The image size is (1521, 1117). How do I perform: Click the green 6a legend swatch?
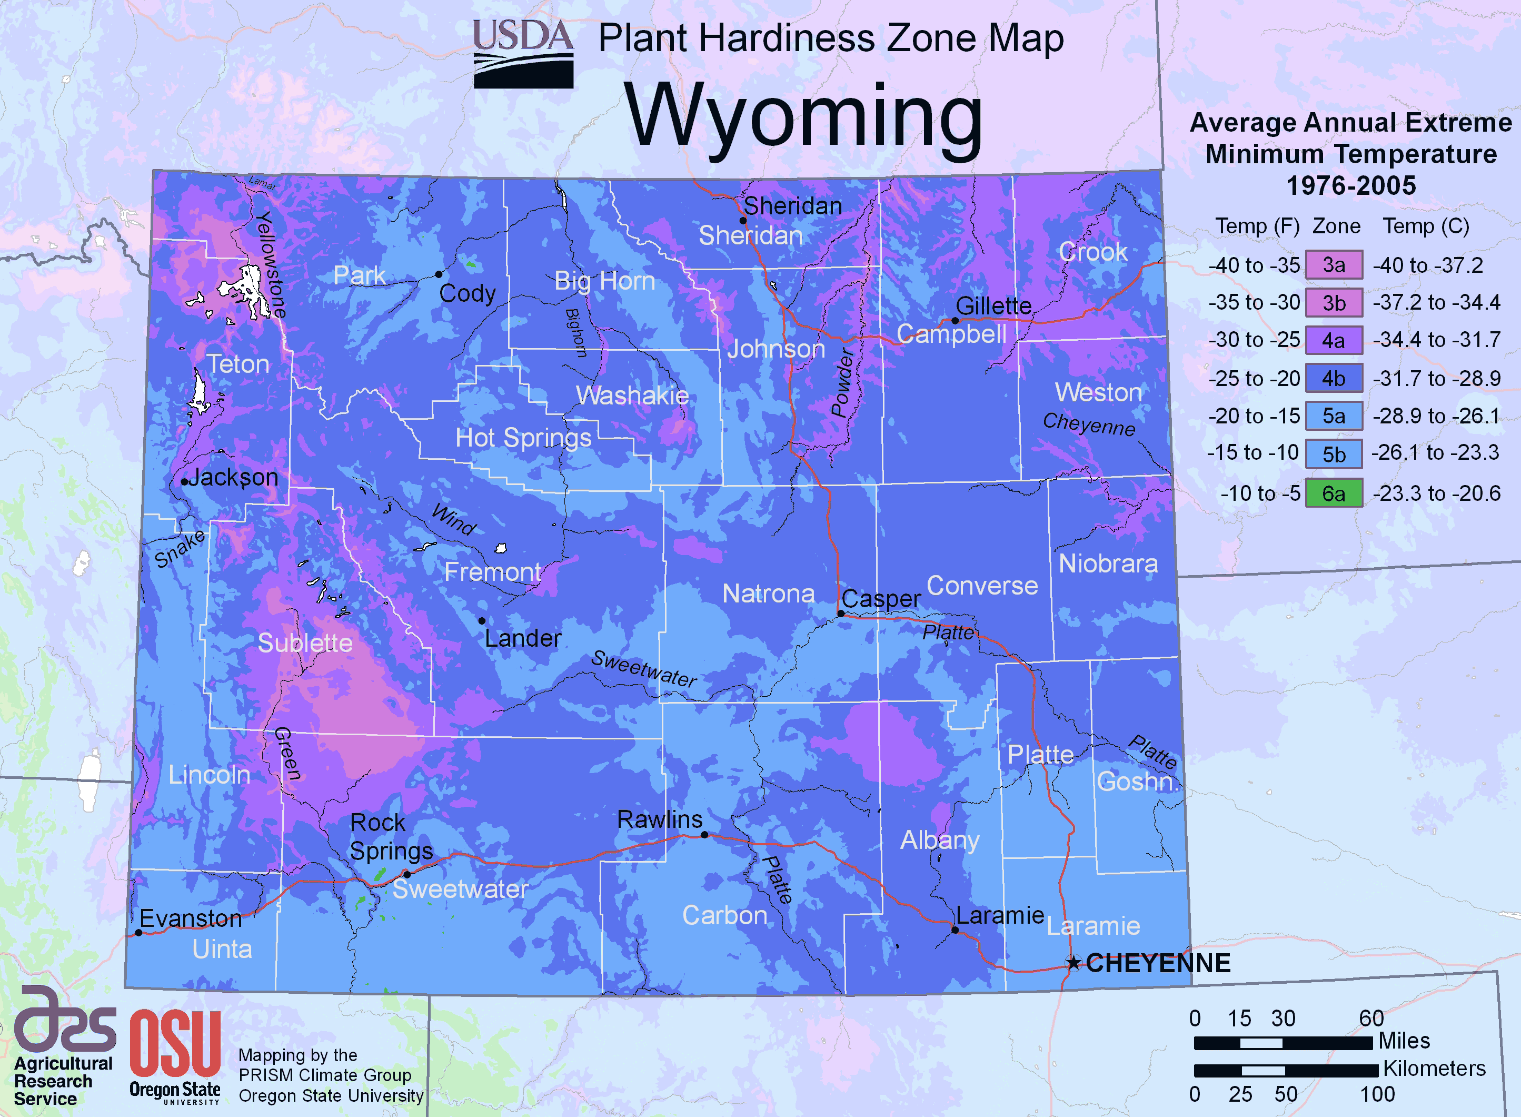1333,493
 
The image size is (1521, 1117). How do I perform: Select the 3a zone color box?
1333,264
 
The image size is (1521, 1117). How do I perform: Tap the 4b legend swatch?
1333,378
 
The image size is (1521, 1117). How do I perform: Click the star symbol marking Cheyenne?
1073,963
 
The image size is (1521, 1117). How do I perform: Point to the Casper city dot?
841,613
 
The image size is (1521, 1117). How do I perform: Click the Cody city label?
467,293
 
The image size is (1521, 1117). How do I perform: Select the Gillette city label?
993,305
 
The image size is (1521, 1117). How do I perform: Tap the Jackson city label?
233,477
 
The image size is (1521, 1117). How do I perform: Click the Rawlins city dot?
704,834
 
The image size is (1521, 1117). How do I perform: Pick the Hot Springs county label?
523,438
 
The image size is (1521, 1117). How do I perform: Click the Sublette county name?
305,642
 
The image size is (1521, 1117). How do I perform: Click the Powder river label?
842,382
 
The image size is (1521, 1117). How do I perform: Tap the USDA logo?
523,54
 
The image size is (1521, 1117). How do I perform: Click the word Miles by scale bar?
1404,1041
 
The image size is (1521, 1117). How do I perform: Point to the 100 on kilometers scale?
1377,1094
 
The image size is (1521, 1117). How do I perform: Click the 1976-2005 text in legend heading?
1350,185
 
